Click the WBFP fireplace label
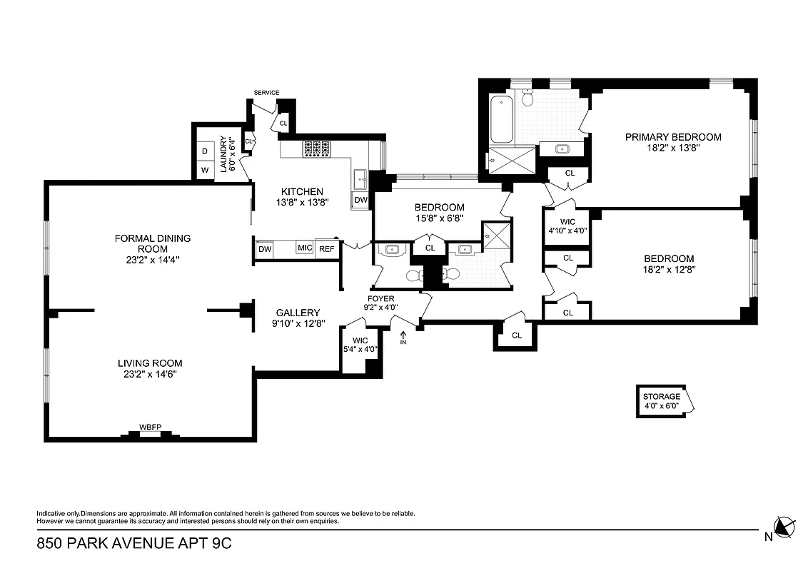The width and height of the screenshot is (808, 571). [x=150, y=427]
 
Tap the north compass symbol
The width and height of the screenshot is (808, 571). [x=784, y=528]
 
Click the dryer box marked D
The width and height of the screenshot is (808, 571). [x=205, y=151]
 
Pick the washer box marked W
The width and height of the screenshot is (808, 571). [x=205, y=170]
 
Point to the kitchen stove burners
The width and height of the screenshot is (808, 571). [x=318, y=148]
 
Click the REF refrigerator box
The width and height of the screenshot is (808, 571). [x=326, y=248]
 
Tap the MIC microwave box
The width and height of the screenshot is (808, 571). [x=305, y=248]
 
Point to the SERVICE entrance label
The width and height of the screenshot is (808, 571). [x=266, y=93]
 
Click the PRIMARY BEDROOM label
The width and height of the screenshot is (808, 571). [x=673, y=137]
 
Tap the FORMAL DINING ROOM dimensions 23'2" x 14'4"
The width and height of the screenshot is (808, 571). [x=153, y=260]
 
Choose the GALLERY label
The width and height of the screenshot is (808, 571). [x=298, y=313]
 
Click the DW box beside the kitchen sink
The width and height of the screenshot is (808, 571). [x=360, y=201]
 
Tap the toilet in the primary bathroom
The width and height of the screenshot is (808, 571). [x=527, y=98]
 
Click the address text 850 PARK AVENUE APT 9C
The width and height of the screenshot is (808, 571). [x=134, y=544]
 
